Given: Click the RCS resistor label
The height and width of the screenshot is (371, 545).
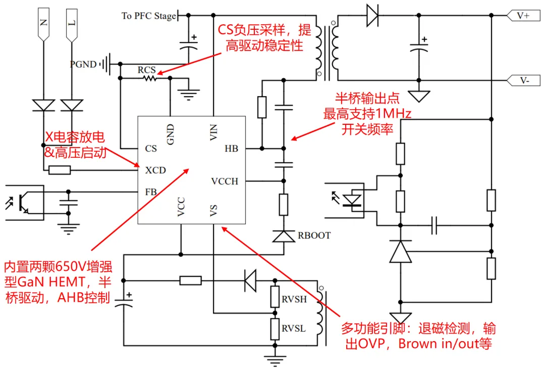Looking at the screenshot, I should pos(147,70).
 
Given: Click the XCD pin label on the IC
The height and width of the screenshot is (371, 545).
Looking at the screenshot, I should pos(155,170).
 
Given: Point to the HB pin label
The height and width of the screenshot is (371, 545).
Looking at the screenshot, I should pos(231,149).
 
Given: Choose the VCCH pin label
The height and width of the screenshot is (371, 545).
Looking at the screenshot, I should pos(225,181).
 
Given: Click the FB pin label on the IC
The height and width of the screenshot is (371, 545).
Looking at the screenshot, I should pos(150,192).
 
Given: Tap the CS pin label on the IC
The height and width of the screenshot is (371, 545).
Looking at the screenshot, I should pos(151,149).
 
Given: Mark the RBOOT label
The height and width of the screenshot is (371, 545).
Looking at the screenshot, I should pos(314,236).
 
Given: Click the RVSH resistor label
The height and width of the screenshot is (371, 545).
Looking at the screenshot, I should pos(294,299).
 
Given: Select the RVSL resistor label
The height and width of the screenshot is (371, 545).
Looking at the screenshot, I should pos(294,329).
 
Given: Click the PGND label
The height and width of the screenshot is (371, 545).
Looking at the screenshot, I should pos(83,65).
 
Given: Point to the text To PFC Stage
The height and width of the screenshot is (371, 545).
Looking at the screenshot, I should pos(149,16).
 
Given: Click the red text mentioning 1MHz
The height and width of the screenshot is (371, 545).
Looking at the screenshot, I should pos(367,113).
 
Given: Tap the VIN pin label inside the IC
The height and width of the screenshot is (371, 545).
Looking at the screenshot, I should pos(213,132).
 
